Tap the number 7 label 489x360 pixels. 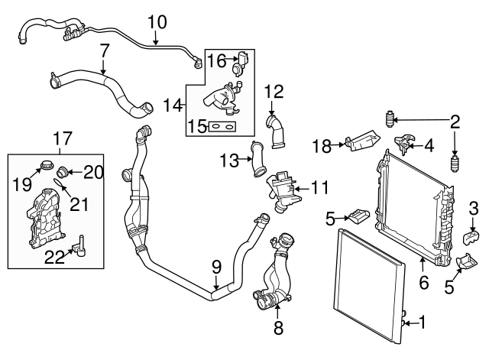click(105, 51)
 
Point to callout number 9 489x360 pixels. click(216, 268)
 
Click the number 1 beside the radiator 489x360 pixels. click(423, 323)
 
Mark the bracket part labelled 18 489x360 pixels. click(361, 143)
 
